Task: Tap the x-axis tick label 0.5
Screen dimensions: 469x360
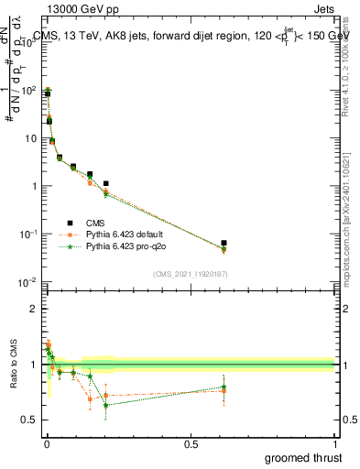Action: tap(191, 443)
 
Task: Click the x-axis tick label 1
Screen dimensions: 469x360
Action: tap(334, 443)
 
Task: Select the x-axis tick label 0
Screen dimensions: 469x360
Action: tap(47, 443)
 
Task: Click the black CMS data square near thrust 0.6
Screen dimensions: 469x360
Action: tap(224, 244)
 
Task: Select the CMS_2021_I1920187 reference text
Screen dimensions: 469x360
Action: tap(191, 274)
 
